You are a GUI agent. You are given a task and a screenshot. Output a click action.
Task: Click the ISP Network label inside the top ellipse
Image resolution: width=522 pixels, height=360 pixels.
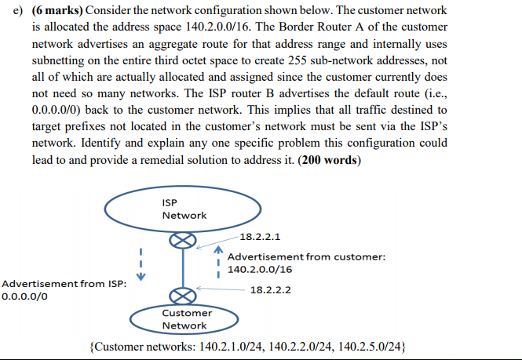(x=184, y=209)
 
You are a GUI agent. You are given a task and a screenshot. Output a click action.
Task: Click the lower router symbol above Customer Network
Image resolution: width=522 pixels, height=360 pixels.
(x=183, y=296)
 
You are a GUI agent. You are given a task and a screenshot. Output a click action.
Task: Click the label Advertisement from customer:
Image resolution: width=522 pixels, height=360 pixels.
(x=305, y=256)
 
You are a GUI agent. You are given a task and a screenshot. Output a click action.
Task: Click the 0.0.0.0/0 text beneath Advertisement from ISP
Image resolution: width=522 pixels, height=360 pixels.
(x=26, y=297)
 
